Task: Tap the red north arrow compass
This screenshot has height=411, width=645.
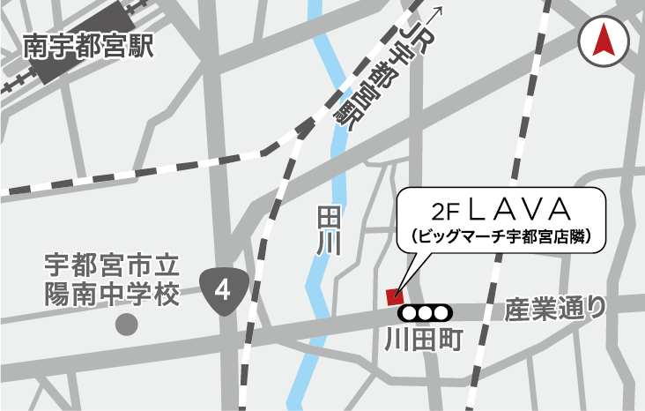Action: pos(603,41)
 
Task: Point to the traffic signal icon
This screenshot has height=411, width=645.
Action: pos(424,312)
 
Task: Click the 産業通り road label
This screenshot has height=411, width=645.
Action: pos(556,310)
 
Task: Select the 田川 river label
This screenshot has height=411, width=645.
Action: pos(328,232)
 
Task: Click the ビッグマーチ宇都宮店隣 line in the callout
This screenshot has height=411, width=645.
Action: pos(500,236)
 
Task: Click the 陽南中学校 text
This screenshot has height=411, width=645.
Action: pos(112,295)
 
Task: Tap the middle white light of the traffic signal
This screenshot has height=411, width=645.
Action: pos(424,312)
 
